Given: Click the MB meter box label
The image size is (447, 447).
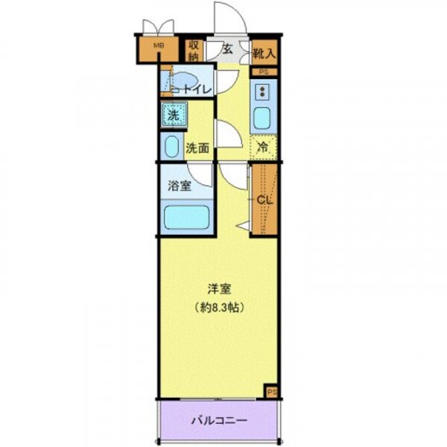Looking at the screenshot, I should (x=158, y=46).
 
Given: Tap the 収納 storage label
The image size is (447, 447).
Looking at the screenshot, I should (x=194, y=50).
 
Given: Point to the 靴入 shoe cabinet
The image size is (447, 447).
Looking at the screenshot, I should (x=264, y=52).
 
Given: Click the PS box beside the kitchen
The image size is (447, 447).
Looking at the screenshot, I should (x=264, y=72).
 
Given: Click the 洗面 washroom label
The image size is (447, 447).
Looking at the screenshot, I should (x=197, y=148).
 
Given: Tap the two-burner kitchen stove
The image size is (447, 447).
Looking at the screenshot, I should (x=263, y=93).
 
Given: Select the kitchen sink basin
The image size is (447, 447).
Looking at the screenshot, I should (x=262, y=118).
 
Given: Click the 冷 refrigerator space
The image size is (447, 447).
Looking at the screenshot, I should (x=264, y=147).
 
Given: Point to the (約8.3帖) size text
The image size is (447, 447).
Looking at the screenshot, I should (x=218, y=307).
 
